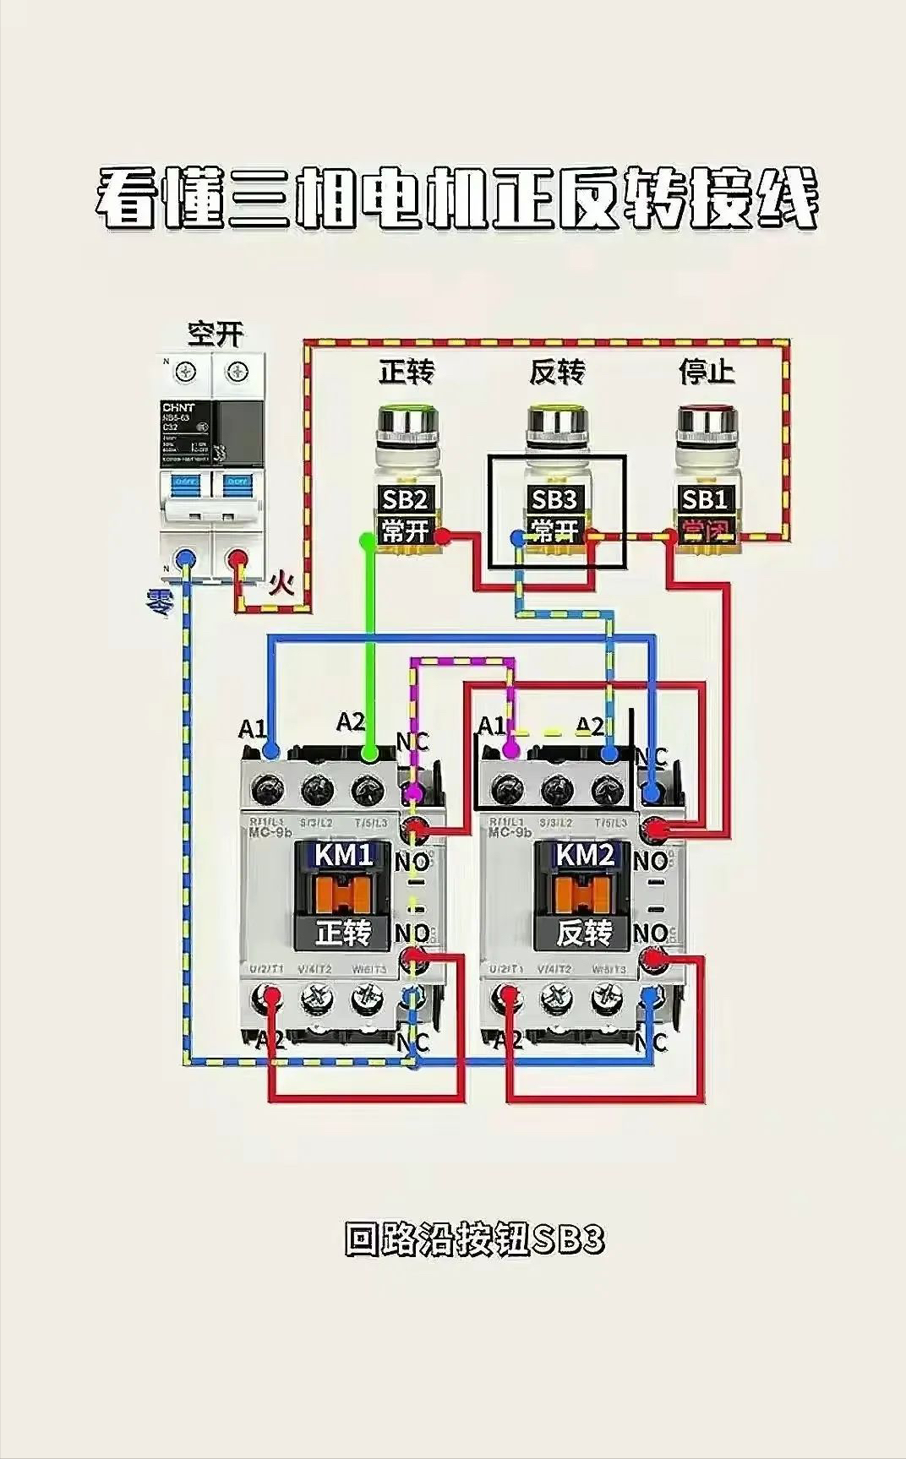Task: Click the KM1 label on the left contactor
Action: tap(344, 855)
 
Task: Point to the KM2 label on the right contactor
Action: tap(585, 855)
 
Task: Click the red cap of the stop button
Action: tap(706, 416)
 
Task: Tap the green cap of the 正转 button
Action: tap(407, 416)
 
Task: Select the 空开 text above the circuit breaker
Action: tap(215, 335)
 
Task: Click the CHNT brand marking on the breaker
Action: tap(180, 407)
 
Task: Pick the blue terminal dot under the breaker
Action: tap(185, 558)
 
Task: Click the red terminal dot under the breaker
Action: tap(239, 558)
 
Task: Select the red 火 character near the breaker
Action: tap(281, 584)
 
